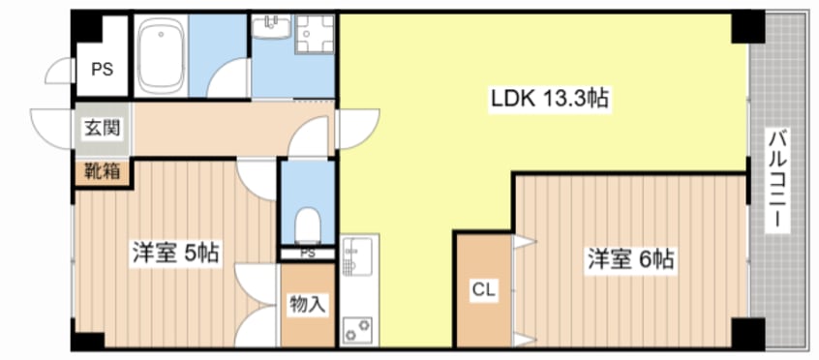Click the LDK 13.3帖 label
(x=549, y=100)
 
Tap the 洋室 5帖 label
(x=174, y=254)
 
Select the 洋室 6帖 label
(x=630, y=259)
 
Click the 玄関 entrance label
(x=103, y=128)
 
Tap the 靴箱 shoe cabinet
(x=102, y=171)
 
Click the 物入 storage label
(x=308, y=304)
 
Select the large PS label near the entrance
(x=103, y=70)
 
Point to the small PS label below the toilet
(x=308, y=254)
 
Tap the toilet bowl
(x=307, y=225)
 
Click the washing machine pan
(x=315, y=34)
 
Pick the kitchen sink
(x=358, y=257)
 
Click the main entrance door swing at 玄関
(x=51, y=129)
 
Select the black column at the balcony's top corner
(x=747, y=27)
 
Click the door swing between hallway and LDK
(x=359, y=129)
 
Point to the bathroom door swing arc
(x=228, y=77)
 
